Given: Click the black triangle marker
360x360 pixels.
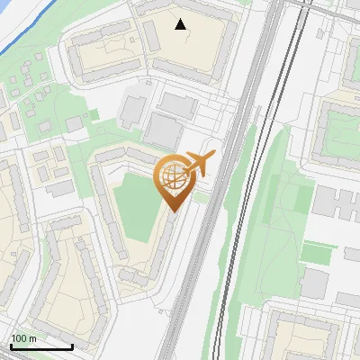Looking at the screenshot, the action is (x=181, y=24).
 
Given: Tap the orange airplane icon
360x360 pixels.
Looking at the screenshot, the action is (x=199, y=164).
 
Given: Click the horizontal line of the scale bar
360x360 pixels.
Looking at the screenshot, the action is (x=40, y=346).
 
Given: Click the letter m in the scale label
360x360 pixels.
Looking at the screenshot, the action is (x=33, y=338).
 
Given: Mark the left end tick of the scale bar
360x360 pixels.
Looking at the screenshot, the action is (x=10, y=344).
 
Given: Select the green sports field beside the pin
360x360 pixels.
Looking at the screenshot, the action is (x=135, y=207).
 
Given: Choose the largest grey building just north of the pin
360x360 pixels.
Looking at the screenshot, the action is (x=165, y=132).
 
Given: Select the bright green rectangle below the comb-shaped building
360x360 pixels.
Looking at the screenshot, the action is (x=319, y=254).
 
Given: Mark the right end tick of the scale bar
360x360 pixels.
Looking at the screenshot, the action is (x=72, y=344).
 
